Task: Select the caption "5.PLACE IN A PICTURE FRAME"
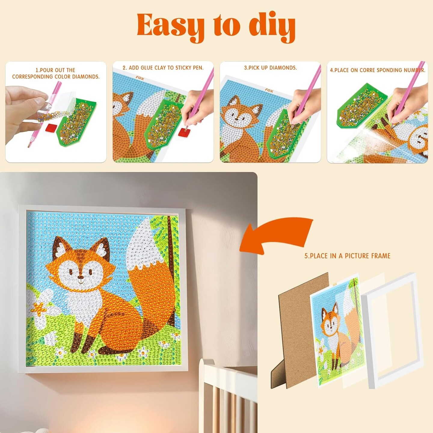pyautogui.click(x=347, y=256)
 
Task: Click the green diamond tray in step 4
pyautogui.click(x=361, y=105)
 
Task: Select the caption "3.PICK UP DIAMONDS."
pyautogui.click(x=271, y=68)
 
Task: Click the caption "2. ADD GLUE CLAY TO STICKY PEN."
pyautogui.click(x=163, y=68)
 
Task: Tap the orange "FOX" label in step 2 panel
pyautogui.click(x=140, y=78)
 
